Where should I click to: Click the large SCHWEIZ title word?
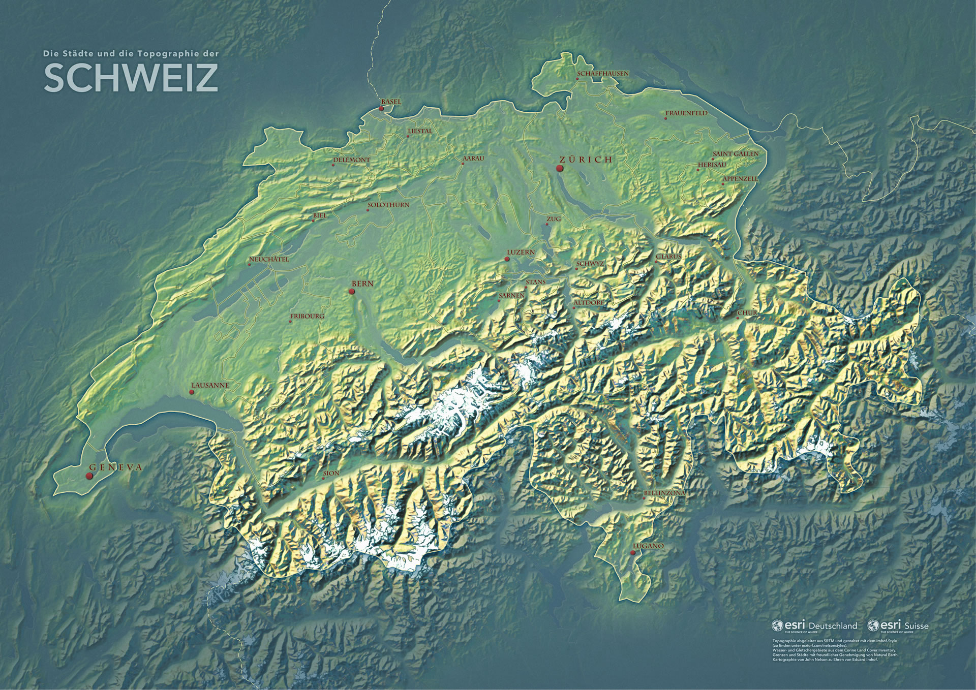pos(131,78)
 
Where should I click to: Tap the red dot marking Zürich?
pos(560,168)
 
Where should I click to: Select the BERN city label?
pos(362,284)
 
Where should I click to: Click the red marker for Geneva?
pos(89,476)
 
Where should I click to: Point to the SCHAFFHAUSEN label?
pos(603,74)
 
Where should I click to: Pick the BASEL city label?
pos(391,102)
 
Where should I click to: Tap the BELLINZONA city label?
pos(664,493)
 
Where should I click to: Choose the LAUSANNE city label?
pos(210,386)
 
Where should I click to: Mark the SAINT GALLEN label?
pos(735,153)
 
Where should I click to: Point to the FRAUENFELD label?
pos(686,113)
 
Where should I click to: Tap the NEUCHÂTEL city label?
pos(269,260)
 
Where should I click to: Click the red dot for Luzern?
pos(507,259)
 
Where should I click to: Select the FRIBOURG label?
pos(307,316)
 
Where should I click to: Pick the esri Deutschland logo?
pos(814,625)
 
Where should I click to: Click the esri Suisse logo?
pos(898,625)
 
